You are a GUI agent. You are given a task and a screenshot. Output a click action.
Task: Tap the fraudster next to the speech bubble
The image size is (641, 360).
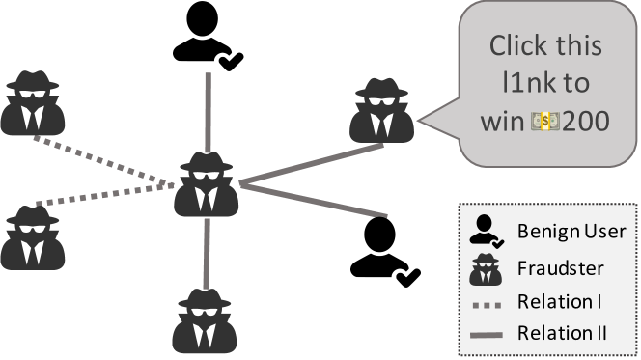tap(383, 110)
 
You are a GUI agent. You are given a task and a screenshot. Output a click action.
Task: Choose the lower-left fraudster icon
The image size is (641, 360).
tap(31, 236)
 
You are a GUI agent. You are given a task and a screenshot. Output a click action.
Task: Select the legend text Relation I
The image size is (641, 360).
tap(561, 302)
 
